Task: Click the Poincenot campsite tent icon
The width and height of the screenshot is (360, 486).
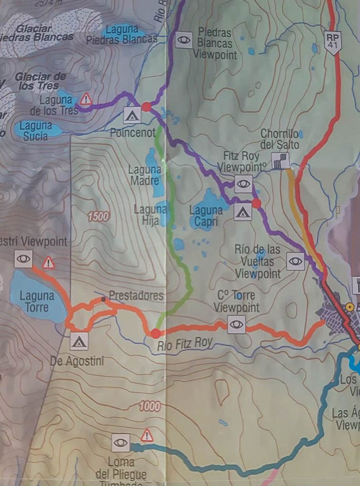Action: click(x=132, y=115)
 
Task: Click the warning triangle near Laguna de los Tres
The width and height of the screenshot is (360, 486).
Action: click(x=86, y=99)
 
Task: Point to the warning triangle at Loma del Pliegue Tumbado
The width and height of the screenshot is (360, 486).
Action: click(x=147, y=435)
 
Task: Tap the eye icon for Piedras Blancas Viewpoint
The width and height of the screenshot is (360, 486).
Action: click(x=183, y=40)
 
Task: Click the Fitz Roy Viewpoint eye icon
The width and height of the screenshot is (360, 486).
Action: click(x=243, y=183)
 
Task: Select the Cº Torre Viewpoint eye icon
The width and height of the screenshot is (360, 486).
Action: click(x=236, y=324)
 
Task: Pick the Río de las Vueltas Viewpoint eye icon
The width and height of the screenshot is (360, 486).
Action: click(x=295, y=261)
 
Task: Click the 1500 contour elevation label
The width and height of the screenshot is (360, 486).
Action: click(x=99, y=216)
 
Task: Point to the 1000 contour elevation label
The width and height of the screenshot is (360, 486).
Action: click(x=150, y=406)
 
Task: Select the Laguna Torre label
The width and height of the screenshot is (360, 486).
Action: click(x=37, y=301)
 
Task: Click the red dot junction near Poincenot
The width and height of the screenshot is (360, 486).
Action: click(x=147, y=106)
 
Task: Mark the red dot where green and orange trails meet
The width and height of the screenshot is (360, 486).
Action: click(x=156, y=333)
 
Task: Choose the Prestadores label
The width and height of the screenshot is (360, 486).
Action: click(x=136, y=295)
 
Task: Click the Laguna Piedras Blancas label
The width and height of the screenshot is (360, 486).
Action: click(x=122, y=35)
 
